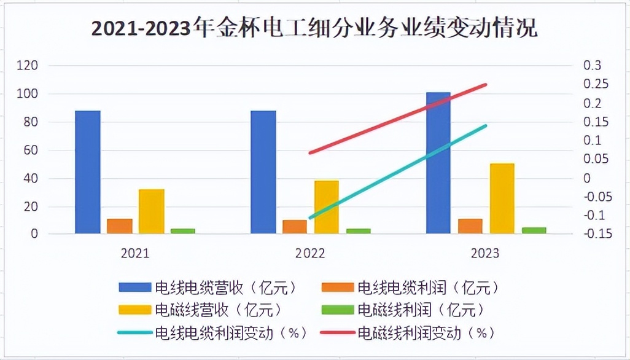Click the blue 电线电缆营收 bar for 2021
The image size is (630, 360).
coord(88,172)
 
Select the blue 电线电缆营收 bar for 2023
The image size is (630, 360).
coord(438,163)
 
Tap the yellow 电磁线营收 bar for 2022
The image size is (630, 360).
coord(327,207)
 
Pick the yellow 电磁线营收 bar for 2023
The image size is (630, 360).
coord(502,198)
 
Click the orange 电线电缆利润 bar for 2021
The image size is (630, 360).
coord(120,226)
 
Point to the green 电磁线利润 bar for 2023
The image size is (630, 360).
coord(534,230)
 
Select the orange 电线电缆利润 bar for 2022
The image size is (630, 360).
coord(295,227)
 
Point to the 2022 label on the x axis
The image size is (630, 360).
coord(310,253)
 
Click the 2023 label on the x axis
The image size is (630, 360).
coord(485,253)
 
